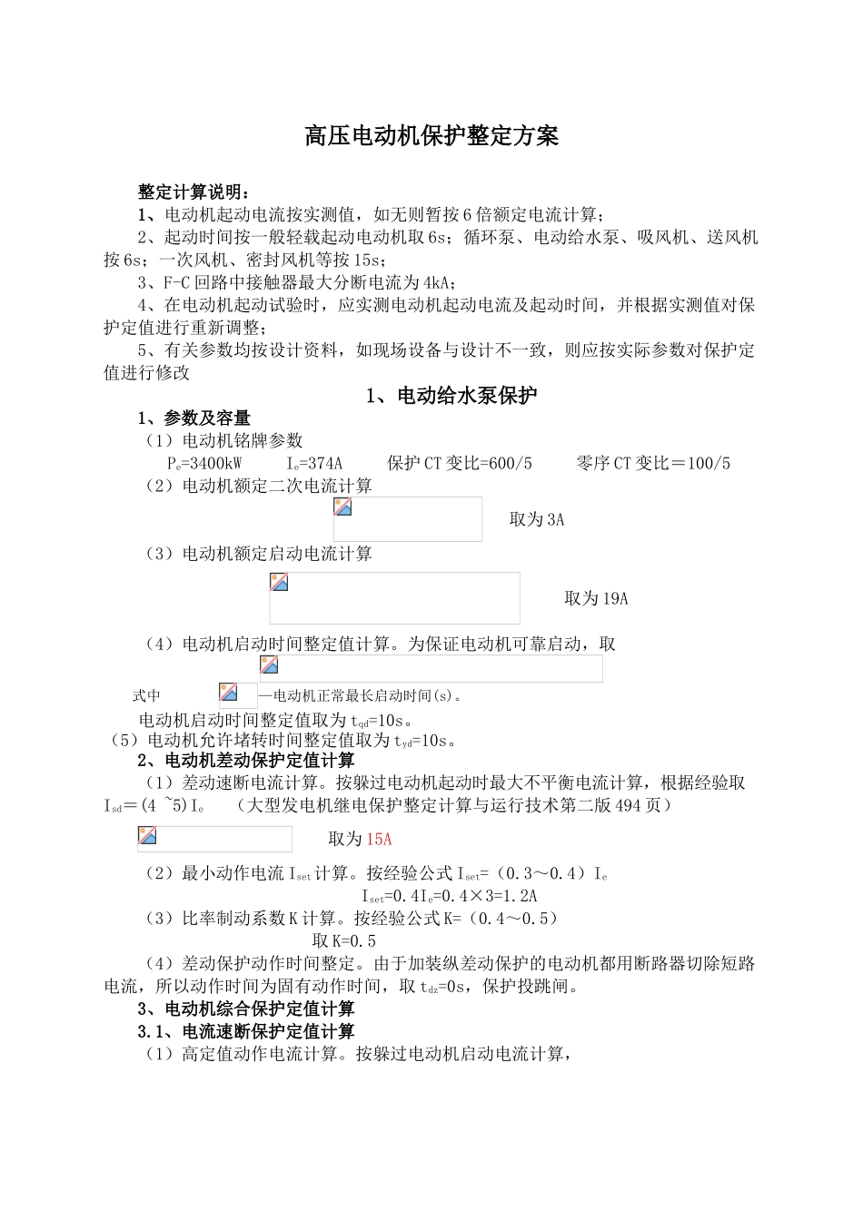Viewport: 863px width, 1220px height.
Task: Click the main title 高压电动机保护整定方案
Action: (431, 137)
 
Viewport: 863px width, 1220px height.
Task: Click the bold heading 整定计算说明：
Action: (193, 192)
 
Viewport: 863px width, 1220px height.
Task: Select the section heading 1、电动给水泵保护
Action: (451, 396)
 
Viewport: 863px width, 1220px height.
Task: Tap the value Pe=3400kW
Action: (204, 464)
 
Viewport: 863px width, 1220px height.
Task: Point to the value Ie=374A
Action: (314, 464)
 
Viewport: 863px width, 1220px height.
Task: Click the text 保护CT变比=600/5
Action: (460, 464)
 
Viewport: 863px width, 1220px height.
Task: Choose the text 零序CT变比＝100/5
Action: (653, 464)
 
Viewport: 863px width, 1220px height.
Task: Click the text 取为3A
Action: (537, 520)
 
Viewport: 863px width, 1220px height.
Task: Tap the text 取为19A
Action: (596, 599)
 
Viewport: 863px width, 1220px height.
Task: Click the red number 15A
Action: (379, 840)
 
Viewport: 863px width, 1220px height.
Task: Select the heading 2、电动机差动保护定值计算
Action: (246, 761)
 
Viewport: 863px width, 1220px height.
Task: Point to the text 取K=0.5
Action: (344, 941)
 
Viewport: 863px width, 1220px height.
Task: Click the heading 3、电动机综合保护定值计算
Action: (246, 1009)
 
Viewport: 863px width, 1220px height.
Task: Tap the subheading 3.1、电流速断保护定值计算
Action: (246, 1032)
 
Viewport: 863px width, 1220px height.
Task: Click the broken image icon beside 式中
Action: (228, 694)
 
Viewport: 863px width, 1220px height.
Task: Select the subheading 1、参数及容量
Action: (194, 418)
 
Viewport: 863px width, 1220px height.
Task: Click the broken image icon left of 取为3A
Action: (343, 507)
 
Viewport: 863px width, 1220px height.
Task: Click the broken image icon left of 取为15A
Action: (147, 836)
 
